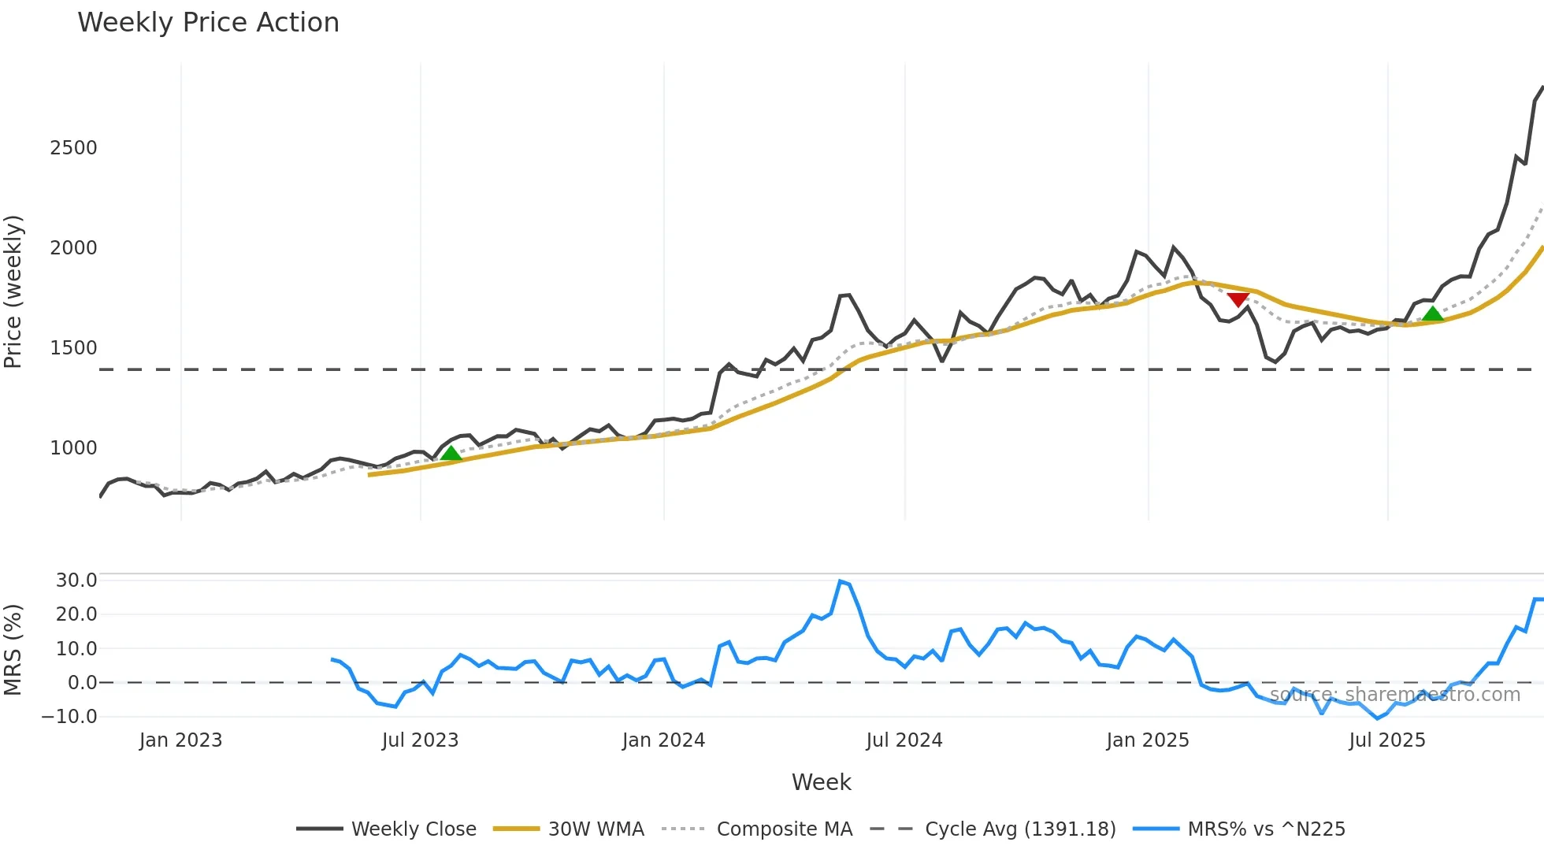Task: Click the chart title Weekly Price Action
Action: tap(208, 23)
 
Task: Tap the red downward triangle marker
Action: tap(1238, 299)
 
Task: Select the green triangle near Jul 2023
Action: tap(451, 453)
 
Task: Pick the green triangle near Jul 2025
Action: tap(1432, 313)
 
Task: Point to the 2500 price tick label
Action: tap(73, 148)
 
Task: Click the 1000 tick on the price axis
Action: tap(73, 448)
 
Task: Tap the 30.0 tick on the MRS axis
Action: tap(76, 581)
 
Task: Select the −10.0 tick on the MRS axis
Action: tap(70, 717)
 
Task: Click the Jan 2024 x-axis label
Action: tap(663, 740)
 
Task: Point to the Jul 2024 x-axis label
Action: tap(904, 740)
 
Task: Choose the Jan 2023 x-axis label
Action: tap(180, 740)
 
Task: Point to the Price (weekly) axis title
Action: tap(13, 291)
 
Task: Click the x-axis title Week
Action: tap(821, 782)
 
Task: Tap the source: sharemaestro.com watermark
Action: tap(1394, 695)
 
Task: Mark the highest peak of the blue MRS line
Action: tap(841, 581)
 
